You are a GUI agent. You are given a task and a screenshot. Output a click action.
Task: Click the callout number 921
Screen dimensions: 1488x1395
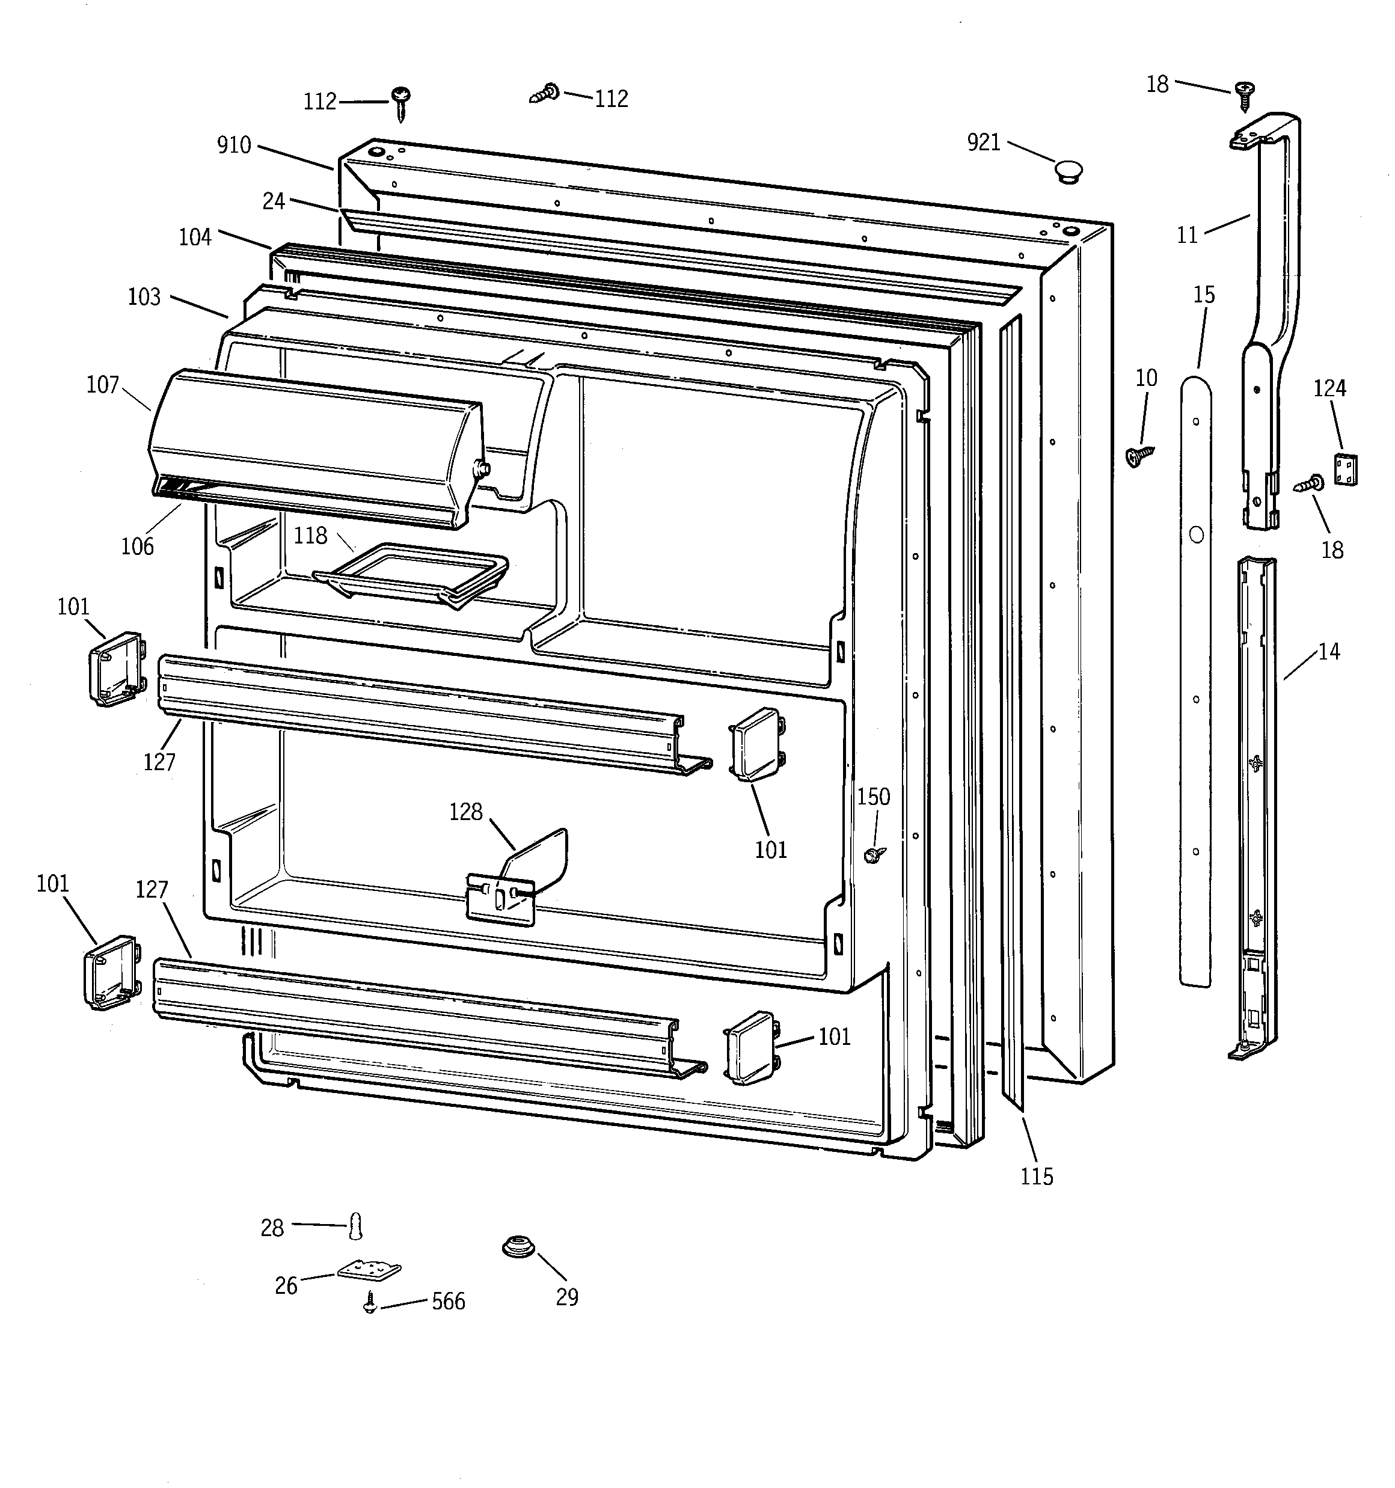(983, 142)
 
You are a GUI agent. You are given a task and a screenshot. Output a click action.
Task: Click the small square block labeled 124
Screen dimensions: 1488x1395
(1346, 470)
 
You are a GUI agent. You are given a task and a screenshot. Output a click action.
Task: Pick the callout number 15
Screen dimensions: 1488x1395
(1204, 295)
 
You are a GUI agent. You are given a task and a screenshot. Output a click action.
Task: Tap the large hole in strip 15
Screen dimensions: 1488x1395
(1197, 535)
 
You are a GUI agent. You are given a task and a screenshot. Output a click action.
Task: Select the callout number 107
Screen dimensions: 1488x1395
(103, 385)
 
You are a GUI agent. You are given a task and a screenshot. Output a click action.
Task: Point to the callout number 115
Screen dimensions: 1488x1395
(1036, 1177)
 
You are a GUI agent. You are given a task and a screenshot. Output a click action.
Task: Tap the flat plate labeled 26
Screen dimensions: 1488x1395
(369, 1269)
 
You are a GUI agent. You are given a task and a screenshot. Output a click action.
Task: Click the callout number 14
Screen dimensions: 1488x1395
(1328, 652)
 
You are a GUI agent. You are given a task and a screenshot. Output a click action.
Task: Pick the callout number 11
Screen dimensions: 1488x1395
(1188, 236)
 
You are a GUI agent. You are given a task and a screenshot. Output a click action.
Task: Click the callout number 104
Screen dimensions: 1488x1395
(195, 237)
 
